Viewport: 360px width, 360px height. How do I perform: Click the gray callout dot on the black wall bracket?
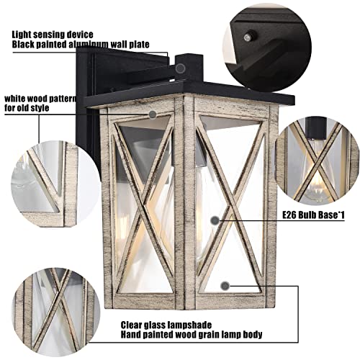[x=180, y=67]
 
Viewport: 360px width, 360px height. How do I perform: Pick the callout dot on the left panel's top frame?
[x=152, y=114]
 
